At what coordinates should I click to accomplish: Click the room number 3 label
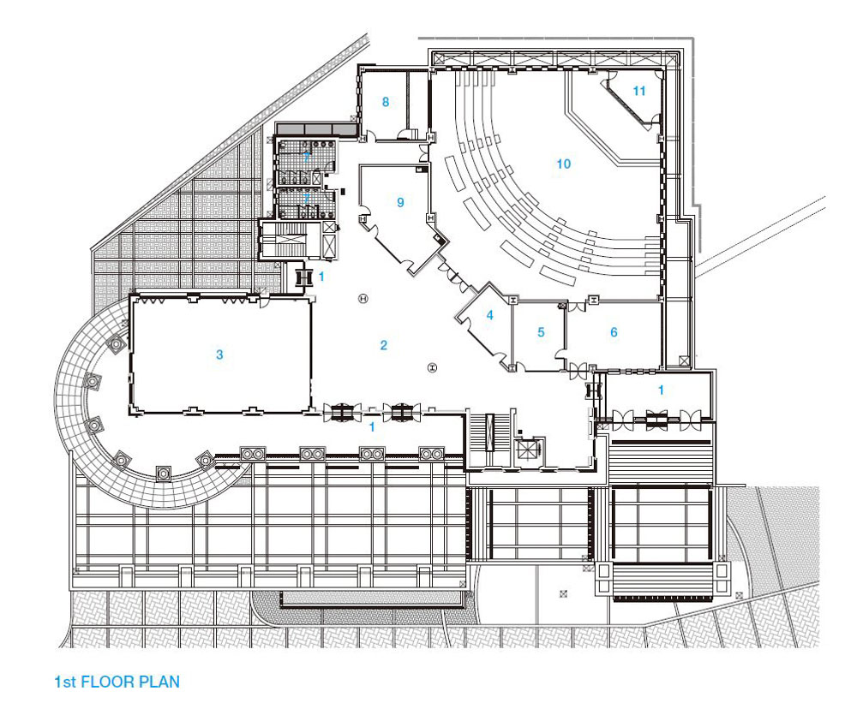(219, 354)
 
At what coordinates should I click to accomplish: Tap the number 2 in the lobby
(384, 345)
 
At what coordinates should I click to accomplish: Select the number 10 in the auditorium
(564, 164)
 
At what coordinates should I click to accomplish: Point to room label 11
(639, 91)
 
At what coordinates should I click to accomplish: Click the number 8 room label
(386, 102)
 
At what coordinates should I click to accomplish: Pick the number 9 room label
(400, 203)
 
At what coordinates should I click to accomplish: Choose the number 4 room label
(489, 315)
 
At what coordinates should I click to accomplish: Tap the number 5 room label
(541, 332)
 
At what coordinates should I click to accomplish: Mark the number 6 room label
(614, 332)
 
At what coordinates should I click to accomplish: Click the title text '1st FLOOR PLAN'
(117, 682)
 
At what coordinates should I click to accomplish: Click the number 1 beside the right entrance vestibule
(661, 390)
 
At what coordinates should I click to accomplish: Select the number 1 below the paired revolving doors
(372, 427)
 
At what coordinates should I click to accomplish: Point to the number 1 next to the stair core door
(321, 277)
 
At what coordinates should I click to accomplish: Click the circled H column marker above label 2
(363, 298)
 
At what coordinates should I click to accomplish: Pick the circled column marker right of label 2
(432, 367)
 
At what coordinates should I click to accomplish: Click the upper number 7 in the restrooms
(307, 157)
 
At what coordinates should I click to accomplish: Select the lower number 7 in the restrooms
(307, 198)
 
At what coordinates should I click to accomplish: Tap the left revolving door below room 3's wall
(342, 413)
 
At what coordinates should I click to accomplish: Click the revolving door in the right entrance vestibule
(656, 419)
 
